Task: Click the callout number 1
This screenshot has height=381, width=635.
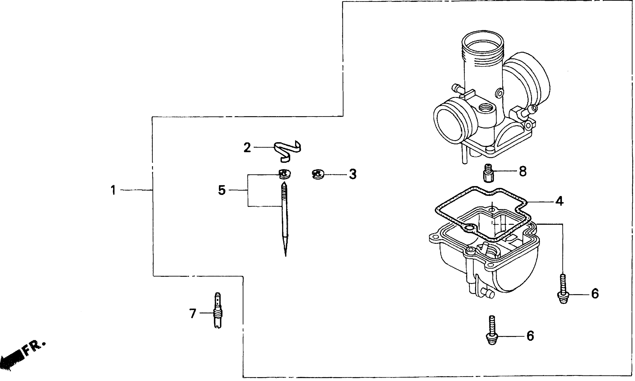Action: click(113, 190)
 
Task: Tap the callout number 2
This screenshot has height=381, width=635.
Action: click(247, 148)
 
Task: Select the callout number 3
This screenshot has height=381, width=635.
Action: click(353, 174)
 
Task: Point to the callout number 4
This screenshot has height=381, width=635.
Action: click(559, 201)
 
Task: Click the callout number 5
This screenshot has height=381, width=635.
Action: click(222, 190)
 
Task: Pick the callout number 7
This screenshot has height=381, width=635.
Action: click(193, 313)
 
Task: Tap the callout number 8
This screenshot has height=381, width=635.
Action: click(523, 171)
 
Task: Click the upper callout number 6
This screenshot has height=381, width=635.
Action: click(595, 294)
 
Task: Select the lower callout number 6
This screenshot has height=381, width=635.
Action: click(530, 336)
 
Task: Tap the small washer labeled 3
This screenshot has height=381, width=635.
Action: click(318, 174)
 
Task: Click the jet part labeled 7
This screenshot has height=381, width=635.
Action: click(218, 311)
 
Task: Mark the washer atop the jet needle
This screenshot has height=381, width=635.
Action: click(285, 174)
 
